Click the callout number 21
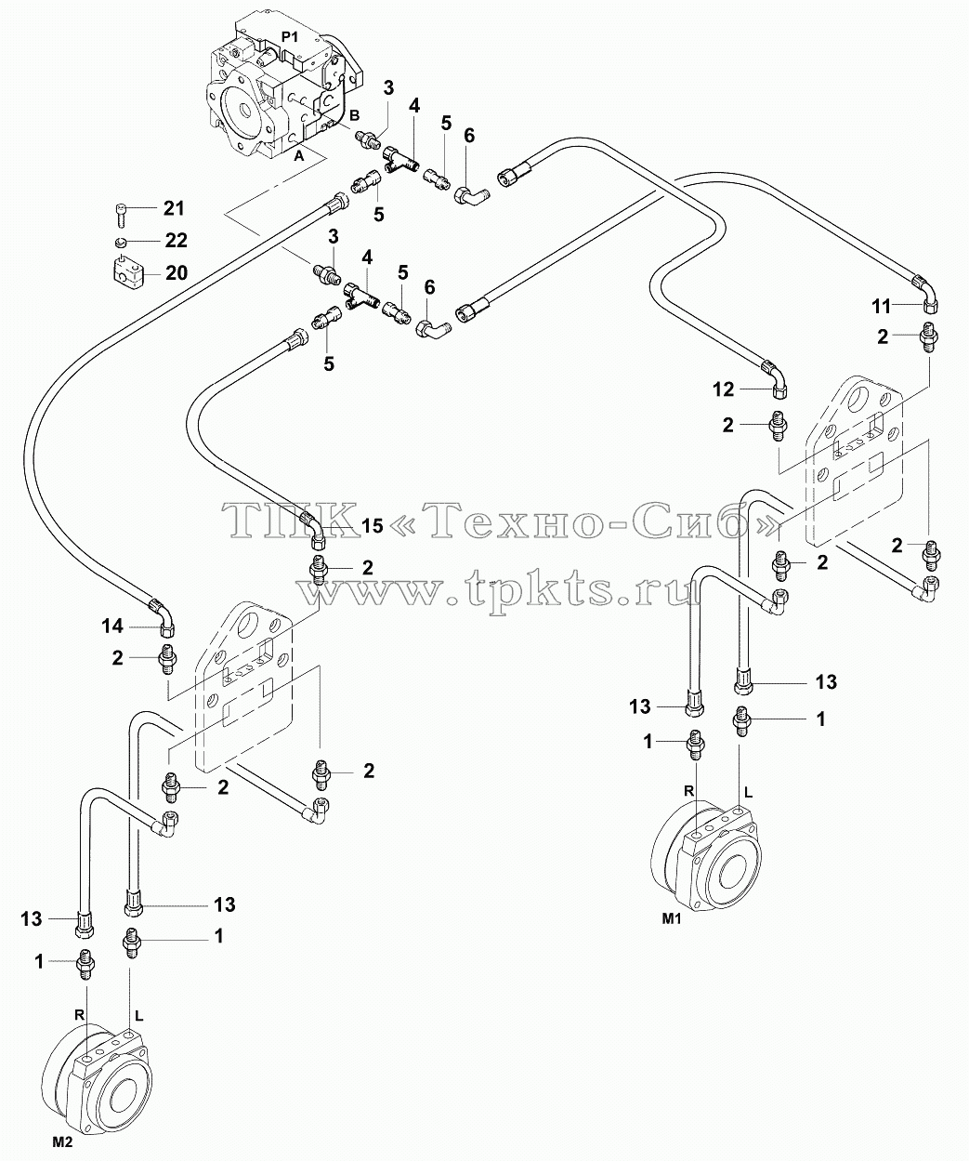[174, 208]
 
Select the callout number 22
[176, 240]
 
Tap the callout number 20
[176, 272]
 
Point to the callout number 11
[881, 306]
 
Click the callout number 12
[724, 389]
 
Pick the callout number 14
[111, 627]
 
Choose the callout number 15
[372, 526]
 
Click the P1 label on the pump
[290, 37]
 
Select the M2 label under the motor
[62, 1142]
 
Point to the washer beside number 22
[121, 242]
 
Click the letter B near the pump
[354, 115]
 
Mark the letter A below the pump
[299, 156]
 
